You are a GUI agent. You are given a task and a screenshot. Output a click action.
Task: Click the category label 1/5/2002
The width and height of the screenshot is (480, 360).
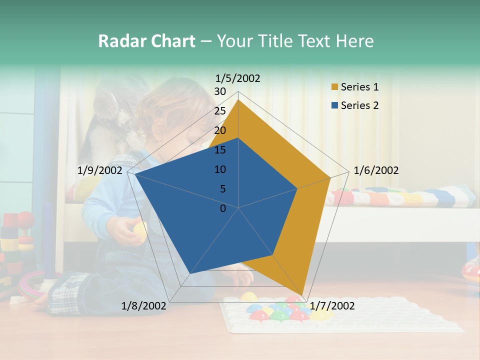point(238,78)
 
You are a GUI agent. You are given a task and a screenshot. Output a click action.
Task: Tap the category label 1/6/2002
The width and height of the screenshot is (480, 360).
point(376,170)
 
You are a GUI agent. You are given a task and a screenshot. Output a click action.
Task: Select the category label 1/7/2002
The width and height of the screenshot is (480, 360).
point(332,305)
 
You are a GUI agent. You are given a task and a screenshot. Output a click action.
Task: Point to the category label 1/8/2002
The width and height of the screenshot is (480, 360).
point(144,305)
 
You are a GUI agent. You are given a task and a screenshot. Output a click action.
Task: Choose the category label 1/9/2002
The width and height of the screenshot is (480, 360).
point(100,170)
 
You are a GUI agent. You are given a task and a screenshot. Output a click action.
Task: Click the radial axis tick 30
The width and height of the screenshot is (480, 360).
point(220,91)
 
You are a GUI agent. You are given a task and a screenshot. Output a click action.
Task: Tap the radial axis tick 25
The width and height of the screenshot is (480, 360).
point(220,111)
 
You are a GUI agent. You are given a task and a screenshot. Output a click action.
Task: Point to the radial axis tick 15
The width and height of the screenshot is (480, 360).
point(220,150)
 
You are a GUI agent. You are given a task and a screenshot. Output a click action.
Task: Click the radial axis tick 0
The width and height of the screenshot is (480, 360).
point(223,208)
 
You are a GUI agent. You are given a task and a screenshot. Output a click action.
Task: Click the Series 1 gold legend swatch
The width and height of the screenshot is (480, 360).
point(334,87)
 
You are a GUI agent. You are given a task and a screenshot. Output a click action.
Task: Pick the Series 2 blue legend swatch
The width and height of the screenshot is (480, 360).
point(334,105)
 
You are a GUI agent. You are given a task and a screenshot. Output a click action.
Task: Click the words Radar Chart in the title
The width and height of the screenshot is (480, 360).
point(146,41)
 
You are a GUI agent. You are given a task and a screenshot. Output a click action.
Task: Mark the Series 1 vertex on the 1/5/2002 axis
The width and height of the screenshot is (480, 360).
point(238,99)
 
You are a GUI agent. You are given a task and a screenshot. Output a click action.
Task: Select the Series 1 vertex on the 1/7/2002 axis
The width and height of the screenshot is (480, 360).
point(302,295)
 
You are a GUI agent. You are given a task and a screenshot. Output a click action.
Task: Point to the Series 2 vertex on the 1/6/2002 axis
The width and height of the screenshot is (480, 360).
point(297,188)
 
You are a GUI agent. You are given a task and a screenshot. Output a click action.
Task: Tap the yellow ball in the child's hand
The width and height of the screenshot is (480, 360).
point(140,230)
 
